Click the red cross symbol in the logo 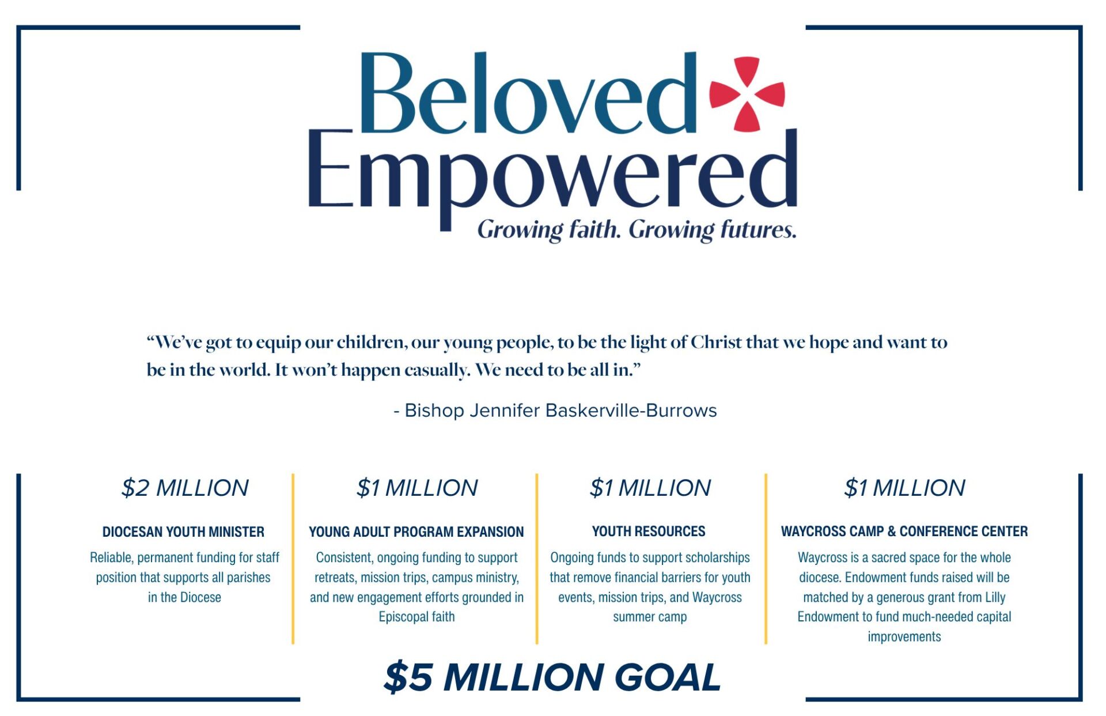pyautogui.click(x=747, y=94)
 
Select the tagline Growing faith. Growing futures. pyautogui.click(x=637, y=229)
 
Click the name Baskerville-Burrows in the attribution pyautogui.click(x=631, y=410)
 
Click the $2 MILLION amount pyautogui.click(x=185, y=488)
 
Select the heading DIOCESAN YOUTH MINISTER pyautogui.click(x=183, y=532)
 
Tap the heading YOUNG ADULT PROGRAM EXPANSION pyautogui.click(x=416, y=532)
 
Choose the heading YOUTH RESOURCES pyautogui.click(x=649, y=531)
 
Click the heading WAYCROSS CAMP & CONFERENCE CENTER pyautogui.click(x=904, y=531)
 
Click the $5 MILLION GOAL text pyautogui.click(x=552, y=677)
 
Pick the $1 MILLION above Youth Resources pyautogui.click(x=650, y=488)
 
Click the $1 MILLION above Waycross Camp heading pyautogui.click(x=904, y=488)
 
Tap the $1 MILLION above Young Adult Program pyautogui.click(x=417, y=488)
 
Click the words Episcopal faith pyautogui.click(x=416, y=617)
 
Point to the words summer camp pyautogui.click(x=650, y=617)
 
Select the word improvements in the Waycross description pyautogui.click(x=904, y=636)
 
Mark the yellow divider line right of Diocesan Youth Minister pyautogui.click(x=293, y=559)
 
